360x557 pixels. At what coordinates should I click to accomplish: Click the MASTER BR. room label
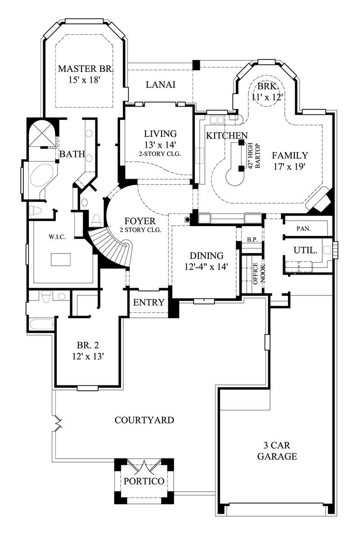pos(85,69)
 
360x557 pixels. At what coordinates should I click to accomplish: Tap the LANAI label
pos(161,85)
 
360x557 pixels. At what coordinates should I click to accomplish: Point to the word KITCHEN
pos(227,136)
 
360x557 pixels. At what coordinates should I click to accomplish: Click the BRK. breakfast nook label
pos(269,87)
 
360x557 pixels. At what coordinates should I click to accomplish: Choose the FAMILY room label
pos(290,156)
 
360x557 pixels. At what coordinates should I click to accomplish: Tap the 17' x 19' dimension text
pos(290,166)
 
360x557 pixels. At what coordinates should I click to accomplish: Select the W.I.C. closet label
pos(58,237)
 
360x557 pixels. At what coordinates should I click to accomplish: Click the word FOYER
pos(140,222)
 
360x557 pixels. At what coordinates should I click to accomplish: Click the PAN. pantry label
pos(307,229)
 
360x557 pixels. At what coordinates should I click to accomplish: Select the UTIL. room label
pos(306,250)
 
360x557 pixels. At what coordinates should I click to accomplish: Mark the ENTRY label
pos(149,303)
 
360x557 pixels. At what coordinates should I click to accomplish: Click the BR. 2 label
pos(87,345)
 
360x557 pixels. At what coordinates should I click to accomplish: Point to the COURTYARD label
pos(144,421)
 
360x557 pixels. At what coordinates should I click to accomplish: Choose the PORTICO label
pos(144,481)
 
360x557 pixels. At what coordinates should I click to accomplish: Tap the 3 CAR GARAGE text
pos(277,451)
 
